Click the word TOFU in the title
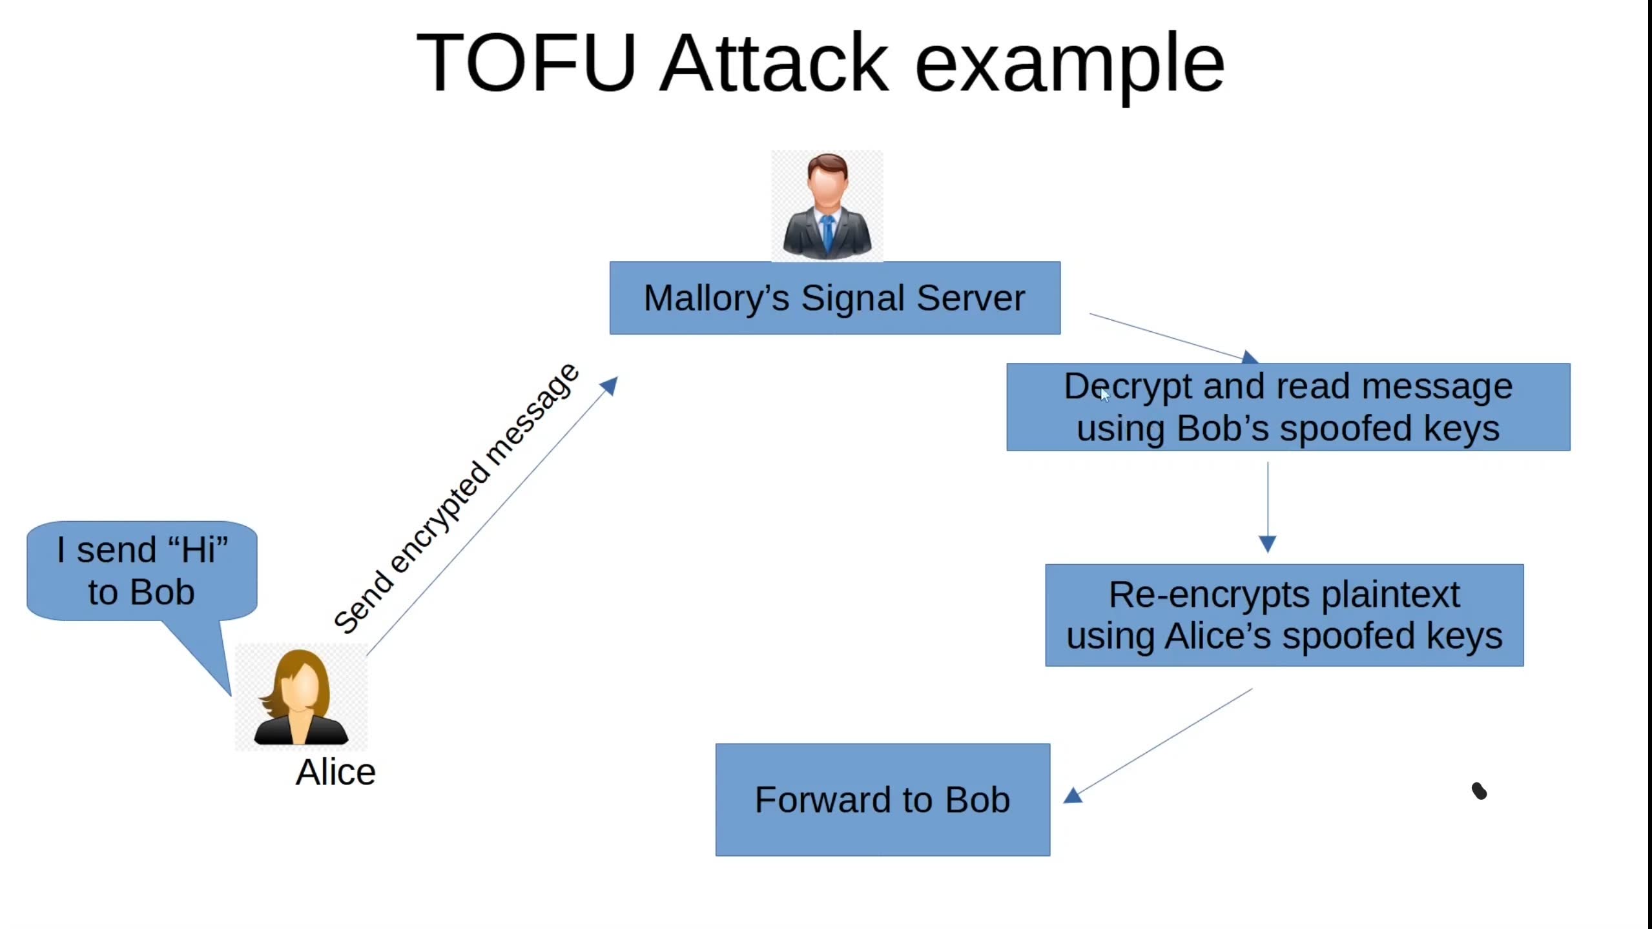coord(526,63)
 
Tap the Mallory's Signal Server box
coord(834,298)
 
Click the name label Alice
coord(336,772)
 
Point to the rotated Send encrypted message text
coord(455,498)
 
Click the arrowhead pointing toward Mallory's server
coord(610,385)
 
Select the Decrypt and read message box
coord(1288,407)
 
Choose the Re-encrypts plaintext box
coord(1284,615)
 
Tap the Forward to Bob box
coord(882,800)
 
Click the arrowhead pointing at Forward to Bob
coord(1073,795)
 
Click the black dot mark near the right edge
coord(1479,791)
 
